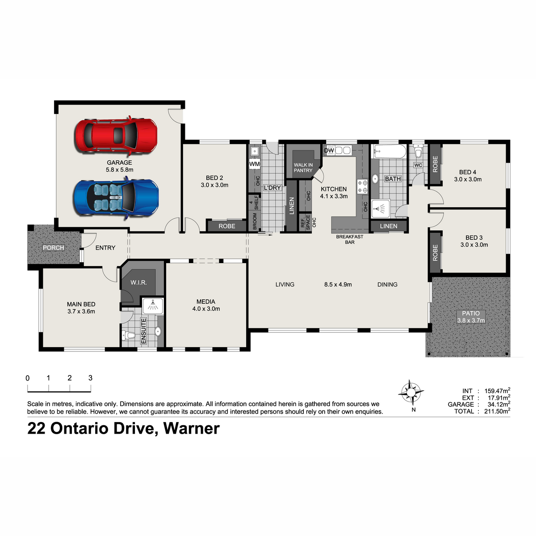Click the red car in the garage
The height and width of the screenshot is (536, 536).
pos(116,136)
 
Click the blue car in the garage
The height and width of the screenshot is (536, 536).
pos(116,198)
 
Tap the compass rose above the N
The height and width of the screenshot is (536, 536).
pos(411,393)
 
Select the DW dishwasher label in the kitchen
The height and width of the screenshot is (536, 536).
pos(329,151)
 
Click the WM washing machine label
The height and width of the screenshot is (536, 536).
pos(254,164)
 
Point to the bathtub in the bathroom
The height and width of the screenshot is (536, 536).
pos(389,151)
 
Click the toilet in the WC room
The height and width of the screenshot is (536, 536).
pos(418,151)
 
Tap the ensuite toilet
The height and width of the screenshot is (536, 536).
pos(128,335)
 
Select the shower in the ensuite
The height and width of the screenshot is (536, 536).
pos(153,306)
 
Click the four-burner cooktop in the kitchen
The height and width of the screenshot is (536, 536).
pos(362,186)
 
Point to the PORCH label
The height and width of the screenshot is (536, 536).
pos(54,247)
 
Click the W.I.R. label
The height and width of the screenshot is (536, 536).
pos(138,283)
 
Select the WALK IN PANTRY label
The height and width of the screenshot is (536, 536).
pos(303,168)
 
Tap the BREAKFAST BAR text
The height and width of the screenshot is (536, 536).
pos(350,239)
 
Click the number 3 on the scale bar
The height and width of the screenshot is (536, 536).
pos(90,378)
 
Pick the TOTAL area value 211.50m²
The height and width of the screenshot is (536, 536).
pos(497,411)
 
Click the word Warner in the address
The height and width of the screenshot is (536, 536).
pos(192,429)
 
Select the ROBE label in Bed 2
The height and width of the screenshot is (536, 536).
pos(227,226)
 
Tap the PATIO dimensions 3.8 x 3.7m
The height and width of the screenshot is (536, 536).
pos(471,320)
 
